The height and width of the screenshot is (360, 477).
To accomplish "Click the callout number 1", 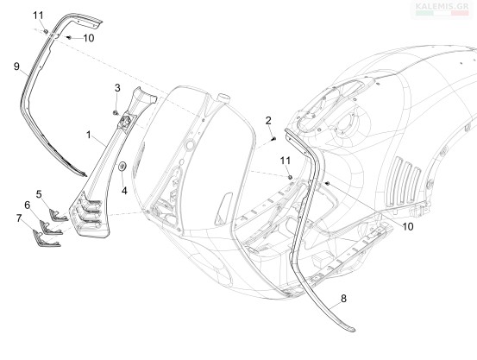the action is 89,135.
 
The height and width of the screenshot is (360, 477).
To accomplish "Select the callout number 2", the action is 268,121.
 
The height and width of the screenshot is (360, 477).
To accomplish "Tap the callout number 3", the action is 117,88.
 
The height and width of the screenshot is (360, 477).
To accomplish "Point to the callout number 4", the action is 124,191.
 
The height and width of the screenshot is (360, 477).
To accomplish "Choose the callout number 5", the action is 39,194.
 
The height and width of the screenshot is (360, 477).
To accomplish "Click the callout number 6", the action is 28,205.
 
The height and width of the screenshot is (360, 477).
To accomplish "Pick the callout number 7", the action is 19,218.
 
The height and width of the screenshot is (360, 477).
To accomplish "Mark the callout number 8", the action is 343,299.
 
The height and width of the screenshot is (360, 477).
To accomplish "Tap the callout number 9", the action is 16,66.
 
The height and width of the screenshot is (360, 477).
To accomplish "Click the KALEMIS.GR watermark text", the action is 442,6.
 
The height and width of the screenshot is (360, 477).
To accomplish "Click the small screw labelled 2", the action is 273,139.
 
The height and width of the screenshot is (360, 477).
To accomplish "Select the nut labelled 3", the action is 116,113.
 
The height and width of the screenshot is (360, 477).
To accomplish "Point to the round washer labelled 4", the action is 122,167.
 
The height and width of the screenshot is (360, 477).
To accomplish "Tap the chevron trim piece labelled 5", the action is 58,215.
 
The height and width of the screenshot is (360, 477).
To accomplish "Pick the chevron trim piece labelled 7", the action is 46,238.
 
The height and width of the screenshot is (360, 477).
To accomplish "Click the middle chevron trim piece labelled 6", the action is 50,228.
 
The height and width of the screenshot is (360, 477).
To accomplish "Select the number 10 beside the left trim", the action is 89,38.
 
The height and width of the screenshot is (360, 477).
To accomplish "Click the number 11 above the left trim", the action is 38,16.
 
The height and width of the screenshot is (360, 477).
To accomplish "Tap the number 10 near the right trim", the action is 408,226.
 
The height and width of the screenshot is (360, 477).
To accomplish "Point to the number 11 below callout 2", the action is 286,161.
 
